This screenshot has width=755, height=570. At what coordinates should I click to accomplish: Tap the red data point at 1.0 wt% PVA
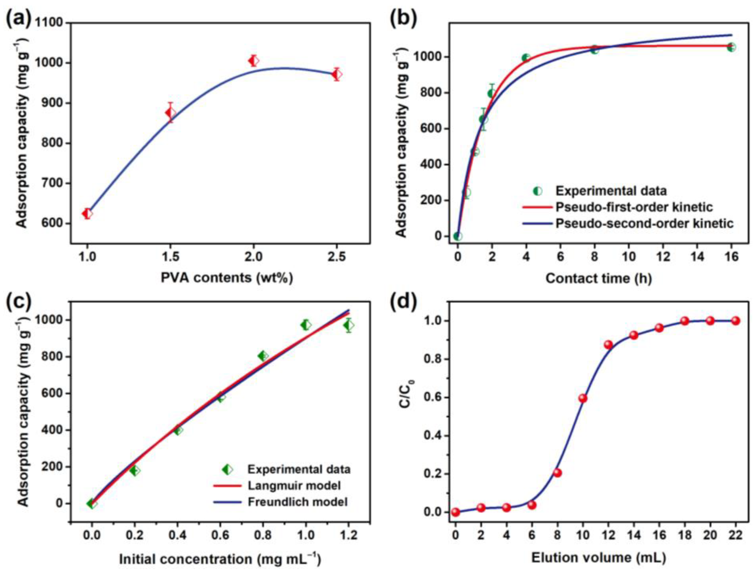coord(87,214)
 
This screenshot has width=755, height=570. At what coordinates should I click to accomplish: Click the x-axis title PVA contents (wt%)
coord(227,278)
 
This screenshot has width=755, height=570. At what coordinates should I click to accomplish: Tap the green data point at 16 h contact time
coord(731,48)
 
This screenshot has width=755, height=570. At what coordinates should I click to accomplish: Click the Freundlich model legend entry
coord(297,502)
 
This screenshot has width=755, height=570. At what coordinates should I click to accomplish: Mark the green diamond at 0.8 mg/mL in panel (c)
coord(263,356)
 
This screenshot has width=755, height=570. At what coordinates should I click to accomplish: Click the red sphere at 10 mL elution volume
coord(583,398)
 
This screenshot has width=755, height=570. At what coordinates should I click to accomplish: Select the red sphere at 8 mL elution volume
coord(557,473)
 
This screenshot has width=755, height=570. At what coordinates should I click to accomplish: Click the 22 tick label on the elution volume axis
coord(735,535)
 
